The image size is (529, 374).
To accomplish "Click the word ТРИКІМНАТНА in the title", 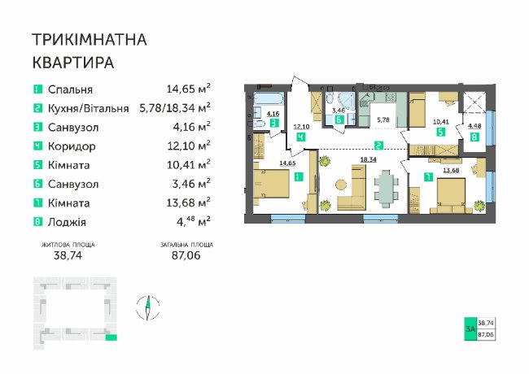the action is click(x=90, y=39).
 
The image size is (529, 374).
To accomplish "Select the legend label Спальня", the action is click(x=70, y=89).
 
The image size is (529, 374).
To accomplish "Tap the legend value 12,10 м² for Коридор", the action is click(x=189, y=146).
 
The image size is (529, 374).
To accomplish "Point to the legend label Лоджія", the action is click(x=67, y=223).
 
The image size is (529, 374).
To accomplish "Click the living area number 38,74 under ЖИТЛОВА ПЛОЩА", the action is click(x=68, y=255).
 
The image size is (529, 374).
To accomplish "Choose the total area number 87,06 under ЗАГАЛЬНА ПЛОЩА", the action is click(x=186, y=255).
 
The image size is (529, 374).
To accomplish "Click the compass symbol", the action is click(x=148, y=307).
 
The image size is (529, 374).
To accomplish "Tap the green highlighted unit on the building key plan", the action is click(x=111, y=337).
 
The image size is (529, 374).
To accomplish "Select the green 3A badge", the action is click(x=470, y=328).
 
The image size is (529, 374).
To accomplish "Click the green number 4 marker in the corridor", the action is click(x=300, y=137).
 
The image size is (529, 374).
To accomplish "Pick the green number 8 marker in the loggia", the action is click(x=474, y=137).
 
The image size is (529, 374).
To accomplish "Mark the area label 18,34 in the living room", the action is click(x=368, y=159).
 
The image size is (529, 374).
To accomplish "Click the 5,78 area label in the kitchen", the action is click(x=383, y=120).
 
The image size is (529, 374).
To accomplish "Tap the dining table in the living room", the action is click(x=386, y=188).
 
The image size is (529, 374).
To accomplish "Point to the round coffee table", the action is click(x=341, y=185).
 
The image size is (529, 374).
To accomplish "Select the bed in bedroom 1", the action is click(x=271, y=184).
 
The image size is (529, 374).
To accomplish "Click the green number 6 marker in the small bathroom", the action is click(x=339, y=120).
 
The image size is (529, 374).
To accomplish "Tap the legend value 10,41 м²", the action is click(x=189, y=165).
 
